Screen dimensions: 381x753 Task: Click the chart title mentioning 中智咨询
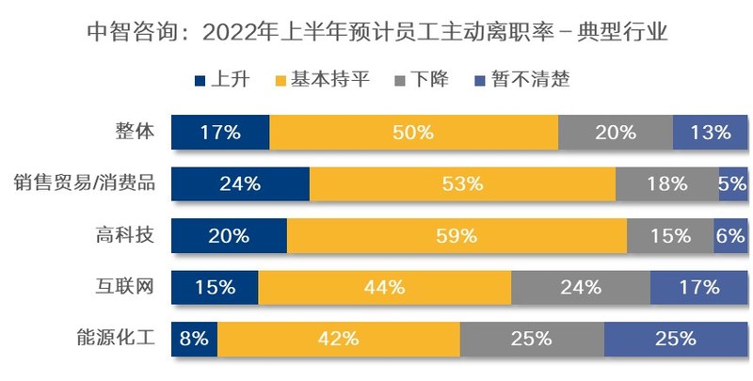(376, 34)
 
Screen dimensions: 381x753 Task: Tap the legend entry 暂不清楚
(519, 79)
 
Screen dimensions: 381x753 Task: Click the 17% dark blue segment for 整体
(220, 133)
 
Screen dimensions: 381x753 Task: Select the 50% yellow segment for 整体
(414, 133)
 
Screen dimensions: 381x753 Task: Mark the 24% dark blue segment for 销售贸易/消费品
(240, 183)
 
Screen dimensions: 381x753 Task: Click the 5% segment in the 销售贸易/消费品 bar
(733, 183)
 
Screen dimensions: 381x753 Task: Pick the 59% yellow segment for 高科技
(457, 235)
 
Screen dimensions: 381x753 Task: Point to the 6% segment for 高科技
(730, 235)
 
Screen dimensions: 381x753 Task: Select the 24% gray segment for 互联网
(580, 286)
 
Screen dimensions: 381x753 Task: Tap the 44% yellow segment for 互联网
(385, 286)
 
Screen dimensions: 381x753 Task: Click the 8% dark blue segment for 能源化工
(194, 338)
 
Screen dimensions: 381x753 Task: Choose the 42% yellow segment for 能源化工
(339, 338)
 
